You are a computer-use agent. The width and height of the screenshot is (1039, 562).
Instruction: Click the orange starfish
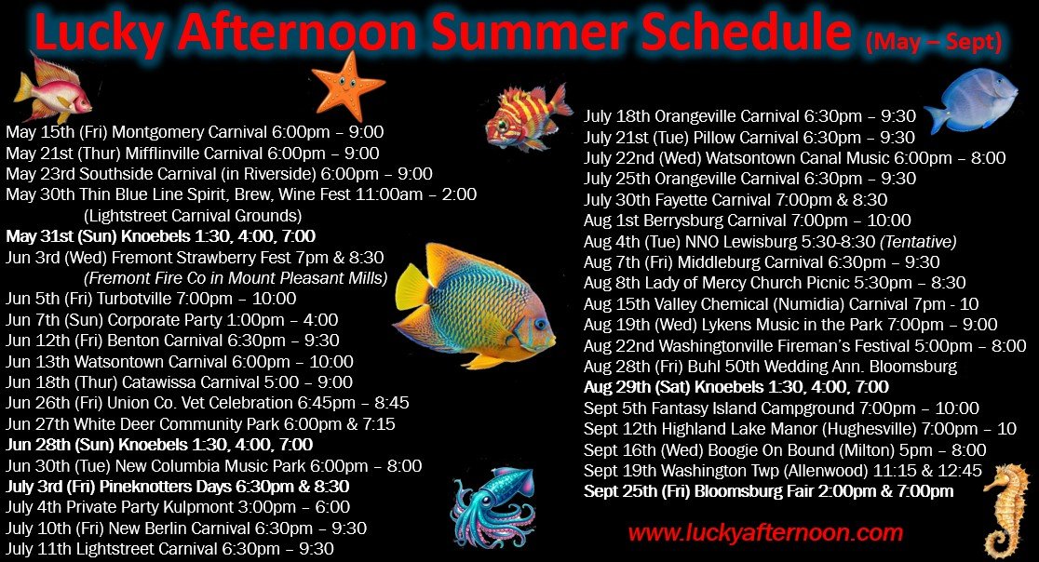point(346,86)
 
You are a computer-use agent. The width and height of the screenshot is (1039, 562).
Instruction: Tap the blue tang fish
point(973,99)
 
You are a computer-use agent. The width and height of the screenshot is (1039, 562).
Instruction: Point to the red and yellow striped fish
point(527,117)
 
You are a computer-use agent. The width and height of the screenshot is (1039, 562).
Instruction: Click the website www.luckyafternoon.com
point(765,533)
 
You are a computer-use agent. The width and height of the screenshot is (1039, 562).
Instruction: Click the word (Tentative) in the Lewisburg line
point(918,242)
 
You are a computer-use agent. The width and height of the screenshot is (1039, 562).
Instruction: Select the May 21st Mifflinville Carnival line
point(193,154)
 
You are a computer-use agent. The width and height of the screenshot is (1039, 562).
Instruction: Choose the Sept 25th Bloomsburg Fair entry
point(769,492)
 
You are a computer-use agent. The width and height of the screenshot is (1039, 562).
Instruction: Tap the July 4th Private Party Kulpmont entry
point(178,508)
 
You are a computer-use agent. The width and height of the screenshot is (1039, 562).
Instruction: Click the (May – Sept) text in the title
point(934,43)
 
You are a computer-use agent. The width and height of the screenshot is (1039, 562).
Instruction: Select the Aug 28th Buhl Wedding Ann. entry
point(771,367)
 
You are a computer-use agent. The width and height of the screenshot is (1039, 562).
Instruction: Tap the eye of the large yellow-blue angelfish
point(541,325)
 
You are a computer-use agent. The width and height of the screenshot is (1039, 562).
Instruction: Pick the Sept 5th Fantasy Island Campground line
point(781,408)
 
